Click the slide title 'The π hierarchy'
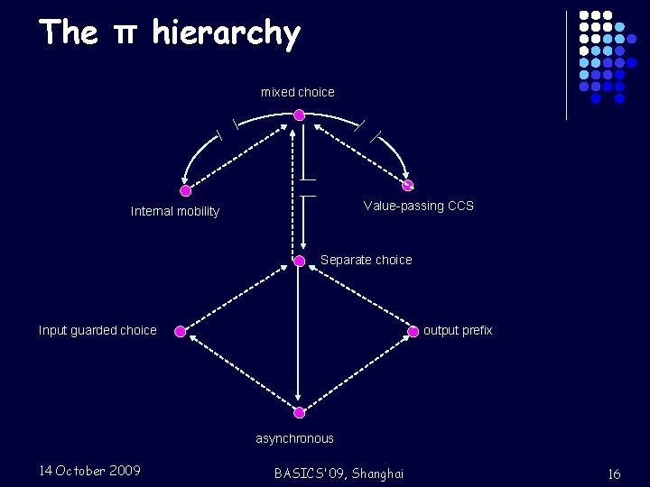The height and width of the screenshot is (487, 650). point(170,33)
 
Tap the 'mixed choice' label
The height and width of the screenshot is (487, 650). point(298,92)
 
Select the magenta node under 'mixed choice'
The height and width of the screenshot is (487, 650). point(299,115)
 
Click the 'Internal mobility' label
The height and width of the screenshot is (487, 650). point(175,211)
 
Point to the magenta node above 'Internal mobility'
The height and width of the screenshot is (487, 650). point(186,191)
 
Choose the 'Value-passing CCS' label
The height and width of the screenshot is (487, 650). point(418,206)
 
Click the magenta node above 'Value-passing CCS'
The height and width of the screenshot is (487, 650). point(407,186)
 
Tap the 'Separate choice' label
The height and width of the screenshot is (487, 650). point(366,260)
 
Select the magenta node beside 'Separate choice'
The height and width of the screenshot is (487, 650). point(300,261)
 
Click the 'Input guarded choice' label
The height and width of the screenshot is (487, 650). point(97,330)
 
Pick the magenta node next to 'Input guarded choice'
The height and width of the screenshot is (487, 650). point(181,331)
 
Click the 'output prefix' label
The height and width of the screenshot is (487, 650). point(458,330)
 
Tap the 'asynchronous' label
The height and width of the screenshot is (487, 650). point(294,438)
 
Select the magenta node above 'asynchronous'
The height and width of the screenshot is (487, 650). point(300,412)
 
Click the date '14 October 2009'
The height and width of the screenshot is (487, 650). point(89,470)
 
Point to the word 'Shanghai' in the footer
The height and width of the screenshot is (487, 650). point(378,473)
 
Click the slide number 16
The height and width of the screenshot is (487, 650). point(614,473)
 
